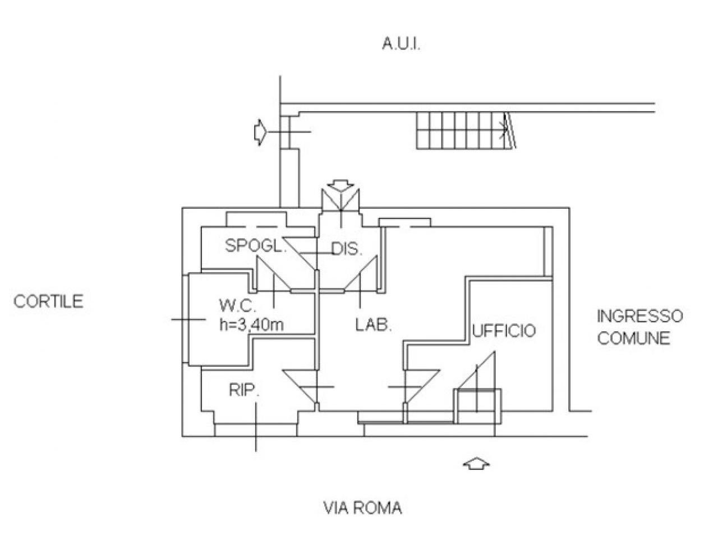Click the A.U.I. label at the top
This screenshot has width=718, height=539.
point(402,45)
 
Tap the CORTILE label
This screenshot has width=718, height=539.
point(48,302)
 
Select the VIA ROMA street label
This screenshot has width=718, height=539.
point(363,508)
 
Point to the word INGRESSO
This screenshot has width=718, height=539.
point(640,316)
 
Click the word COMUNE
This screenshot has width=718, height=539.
point(633,339)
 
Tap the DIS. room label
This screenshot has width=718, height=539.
point(346,249)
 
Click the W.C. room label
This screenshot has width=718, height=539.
point(238,307)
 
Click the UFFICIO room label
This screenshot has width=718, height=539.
point(504,331)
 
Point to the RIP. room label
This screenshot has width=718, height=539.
point(244,390)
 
